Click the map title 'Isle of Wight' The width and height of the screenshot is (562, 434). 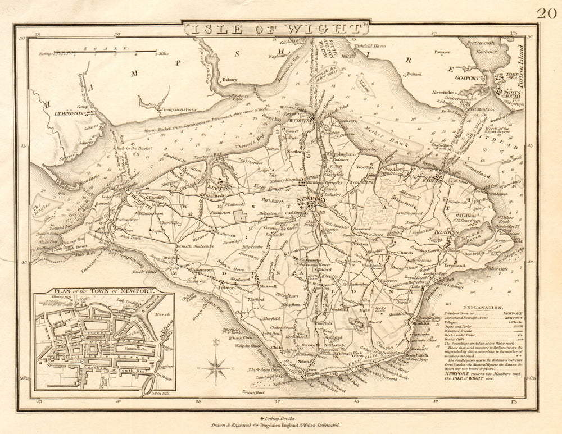tap(275, 28)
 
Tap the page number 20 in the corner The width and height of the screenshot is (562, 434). tap(546, 14)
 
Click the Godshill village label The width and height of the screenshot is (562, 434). tap(341, 309)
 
